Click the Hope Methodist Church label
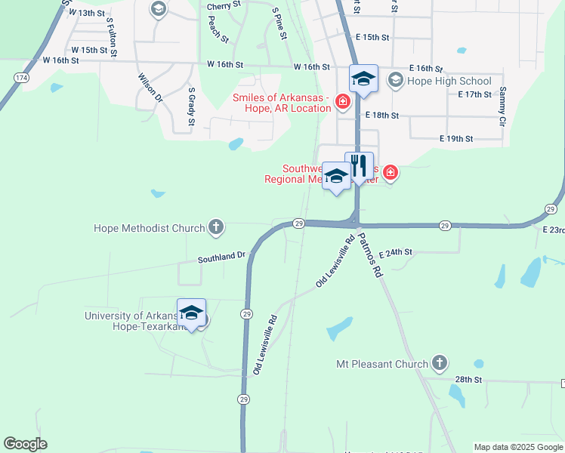[149, 228]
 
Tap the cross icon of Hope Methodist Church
[216, 227]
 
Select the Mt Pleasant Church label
[382, 364]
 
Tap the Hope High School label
[449, 81]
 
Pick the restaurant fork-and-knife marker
[360, 165]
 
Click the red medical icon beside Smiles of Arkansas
[342, 101]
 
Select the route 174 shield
[21, 78]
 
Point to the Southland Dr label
[222, 257]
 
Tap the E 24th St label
[396, 252]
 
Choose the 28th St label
[468, 379]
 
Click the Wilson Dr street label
[150, 88]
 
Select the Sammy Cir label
[501, 106]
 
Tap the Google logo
[25, 444]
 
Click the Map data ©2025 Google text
[517, 447]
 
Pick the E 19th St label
[455, 139]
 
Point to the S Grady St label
[192, 105]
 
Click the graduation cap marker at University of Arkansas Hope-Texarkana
[192, 313]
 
